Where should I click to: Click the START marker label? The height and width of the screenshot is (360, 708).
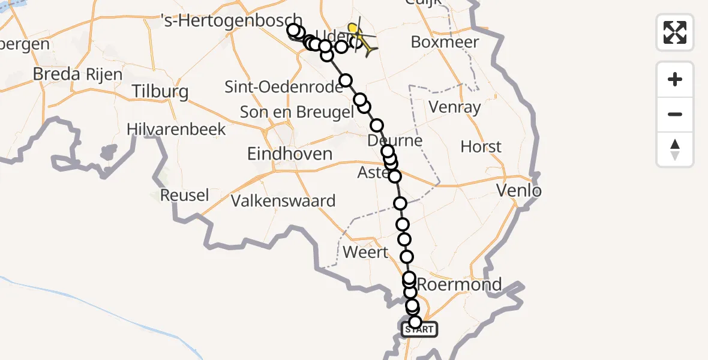point(419,329)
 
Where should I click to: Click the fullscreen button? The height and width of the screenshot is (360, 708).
point(675,32)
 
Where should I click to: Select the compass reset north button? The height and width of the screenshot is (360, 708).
point(675,149)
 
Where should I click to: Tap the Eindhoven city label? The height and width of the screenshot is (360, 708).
point(290,154)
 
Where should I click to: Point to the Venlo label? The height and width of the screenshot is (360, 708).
point(520,191)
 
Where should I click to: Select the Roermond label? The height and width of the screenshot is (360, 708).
point(460,284)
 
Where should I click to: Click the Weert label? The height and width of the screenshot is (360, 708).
point(365,252)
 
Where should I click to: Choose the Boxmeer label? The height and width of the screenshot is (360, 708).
point(445,43)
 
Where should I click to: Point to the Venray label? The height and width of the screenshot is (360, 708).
point(455,107)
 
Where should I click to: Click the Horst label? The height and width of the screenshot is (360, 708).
point(481,147)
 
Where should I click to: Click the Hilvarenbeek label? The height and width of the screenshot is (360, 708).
point(176,129)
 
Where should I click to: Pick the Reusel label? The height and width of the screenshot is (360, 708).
point(185,195)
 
